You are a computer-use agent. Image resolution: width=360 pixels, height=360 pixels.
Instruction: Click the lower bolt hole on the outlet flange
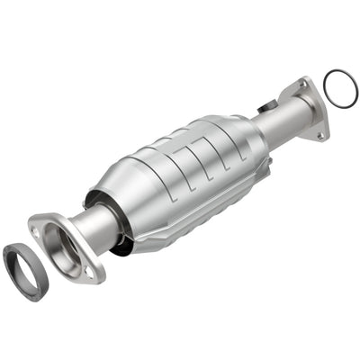pos(319,136)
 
